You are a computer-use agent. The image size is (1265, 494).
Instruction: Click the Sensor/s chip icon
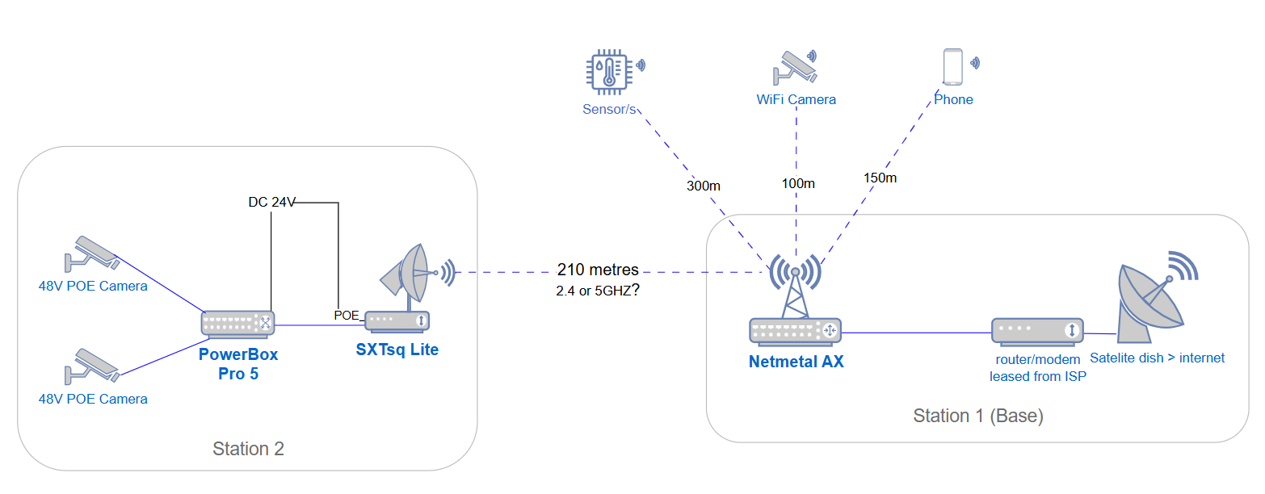(x=607, y=71)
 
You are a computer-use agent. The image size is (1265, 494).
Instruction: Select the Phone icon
(x=953, y=67)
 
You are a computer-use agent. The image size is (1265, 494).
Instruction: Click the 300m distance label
(x=703, y=186)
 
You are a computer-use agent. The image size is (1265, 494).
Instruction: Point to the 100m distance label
(x=798, y=183)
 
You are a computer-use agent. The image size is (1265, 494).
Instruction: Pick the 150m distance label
(x=880, y=178)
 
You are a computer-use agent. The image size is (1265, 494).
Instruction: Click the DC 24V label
(x=272, y=202)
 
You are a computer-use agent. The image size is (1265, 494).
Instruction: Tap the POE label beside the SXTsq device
(x=346, y=315)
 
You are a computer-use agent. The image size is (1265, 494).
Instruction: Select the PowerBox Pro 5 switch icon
(x=238, y=323)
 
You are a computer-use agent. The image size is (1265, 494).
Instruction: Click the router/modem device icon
(x=1037, y=330)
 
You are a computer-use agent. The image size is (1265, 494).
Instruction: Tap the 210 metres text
(x=598, y=270)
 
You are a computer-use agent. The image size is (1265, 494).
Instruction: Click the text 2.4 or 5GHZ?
(x=599, y=291)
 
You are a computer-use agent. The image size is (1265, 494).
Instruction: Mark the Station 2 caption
(x=248, y=449)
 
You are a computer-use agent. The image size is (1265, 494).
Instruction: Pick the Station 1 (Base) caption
(x=978, y=417)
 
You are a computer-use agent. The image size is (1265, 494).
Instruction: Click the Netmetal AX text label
(x=796, y=362)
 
